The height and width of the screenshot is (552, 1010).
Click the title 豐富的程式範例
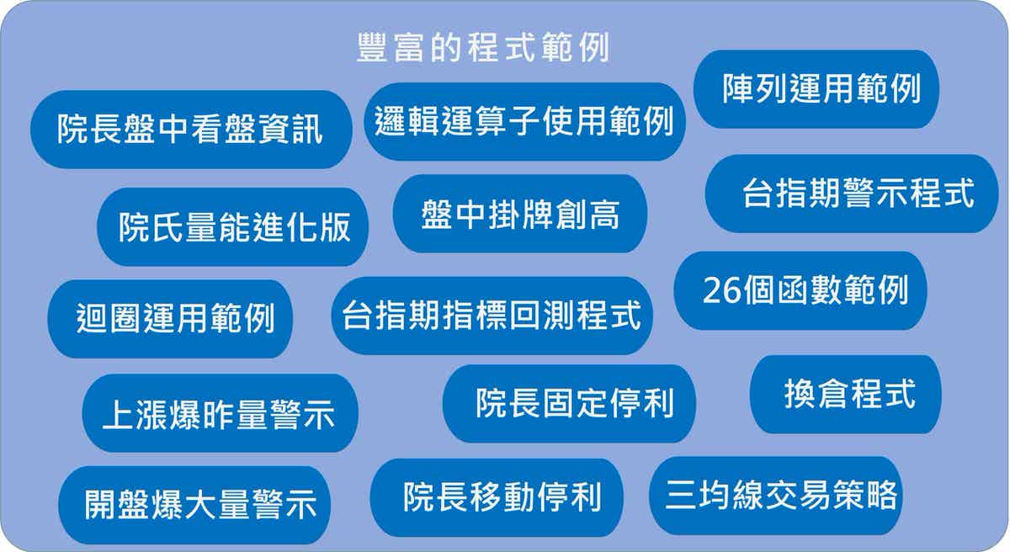[x=483, y=47]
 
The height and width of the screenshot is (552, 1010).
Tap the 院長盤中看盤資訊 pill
[x=191, y=130]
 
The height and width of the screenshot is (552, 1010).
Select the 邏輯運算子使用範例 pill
[x=525, y=122]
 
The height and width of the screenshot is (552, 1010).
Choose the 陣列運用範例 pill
[x=816, y=89]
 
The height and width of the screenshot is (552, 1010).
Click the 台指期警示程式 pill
[x=852, y=194]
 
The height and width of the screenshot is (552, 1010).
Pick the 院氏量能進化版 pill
[x=232, y=227]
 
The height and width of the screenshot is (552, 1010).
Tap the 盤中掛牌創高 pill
[x=520, y=214]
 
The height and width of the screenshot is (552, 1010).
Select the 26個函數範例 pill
[x=800, y=290]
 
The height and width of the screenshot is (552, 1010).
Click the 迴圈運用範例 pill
[x=170, y=319]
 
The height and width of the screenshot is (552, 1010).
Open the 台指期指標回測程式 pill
[x=492, y=316]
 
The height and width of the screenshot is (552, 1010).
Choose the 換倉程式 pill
[x=846, y=395]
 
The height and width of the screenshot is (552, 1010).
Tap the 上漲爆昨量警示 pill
[x=220, y=413]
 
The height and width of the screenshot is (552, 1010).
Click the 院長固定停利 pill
[x=570, y=404]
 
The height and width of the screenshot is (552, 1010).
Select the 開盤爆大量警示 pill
[x=194, y=505]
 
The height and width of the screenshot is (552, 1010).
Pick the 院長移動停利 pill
[x=497, y=498]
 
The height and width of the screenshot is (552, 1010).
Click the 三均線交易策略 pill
[x=776, y=496]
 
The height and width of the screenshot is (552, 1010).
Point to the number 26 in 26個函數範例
[x=721, y=290]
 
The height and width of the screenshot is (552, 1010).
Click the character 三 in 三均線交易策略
[x=681, y=496]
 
